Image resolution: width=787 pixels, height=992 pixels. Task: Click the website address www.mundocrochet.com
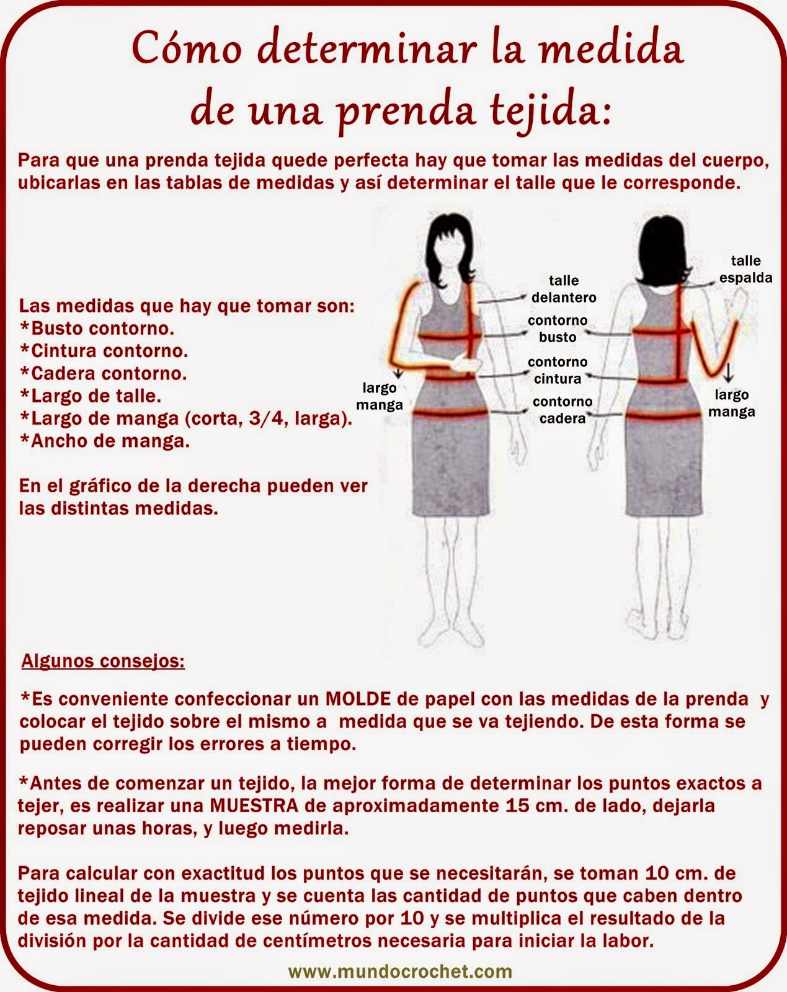pos(401,970)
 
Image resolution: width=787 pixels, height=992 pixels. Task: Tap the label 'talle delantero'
pos(563,289)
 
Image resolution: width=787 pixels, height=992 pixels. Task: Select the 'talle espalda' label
pos(745,268)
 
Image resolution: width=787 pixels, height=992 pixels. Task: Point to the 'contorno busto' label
pos(558,329)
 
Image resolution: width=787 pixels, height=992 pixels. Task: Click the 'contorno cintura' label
pos(558,370)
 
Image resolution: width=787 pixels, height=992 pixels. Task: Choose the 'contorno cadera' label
pos(562,410)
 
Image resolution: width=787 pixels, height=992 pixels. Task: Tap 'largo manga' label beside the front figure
pos(380,396)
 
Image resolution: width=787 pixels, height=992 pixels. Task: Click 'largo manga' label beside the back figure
pos(732,403)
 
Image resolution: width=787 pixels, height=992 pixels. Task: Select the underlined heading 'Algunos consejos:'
pos(103,661)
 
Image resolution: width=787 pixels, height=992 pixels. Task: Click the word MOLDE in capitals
pos(358,699)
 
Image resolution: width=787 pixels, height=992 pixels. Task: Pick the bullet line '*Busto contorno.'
pos(97,327)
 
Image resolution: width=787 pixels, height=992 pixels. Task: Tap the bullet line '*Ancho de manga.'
pos(105,441)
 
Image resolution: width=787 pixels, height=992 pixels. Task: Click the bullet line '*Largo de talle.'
pos(91,396)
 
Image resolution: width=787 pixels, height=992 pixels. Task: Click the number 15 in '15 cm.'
pos(512,806)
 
